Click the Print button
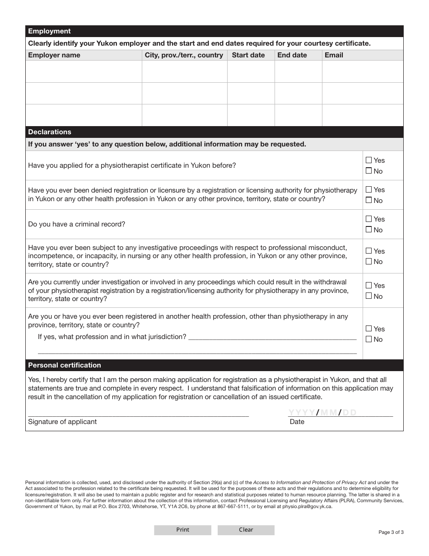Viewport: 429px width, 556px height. pos(182,530)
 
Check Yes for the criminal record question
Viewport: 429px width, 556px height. pos(369,219)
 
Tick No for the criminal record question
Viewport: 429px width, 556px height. pos(369,230)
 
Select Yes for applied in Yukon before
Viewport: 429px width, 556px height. pos(369,160)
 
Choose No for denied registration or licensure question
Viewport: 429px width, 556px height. pos(369,200)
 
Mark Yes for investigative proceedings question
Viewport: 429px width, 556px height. pos(369,251)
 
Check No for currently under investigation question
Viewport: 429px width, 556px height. pos(369,296)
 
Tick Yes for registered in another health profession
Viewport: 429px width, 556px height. pos(369,329)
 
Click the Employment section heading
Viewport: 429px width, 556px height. pos(50,31)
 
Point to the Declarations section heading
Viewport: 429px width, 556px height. pos(50,132)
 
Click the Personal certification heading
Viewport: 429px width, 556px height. pos(65,365)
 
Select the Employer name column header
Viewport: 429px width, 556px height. pos(54,55)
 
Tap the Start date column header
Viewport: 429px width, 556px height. pos(248,55)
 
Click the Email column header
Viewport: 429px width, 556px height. pos(334,55)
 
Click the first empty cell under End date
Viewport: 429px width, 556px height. pos(298,71)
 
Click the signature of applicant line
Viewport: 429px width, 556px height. pos(138,412)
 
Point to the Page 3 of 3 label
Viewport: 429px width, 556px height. pos(391,532)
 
